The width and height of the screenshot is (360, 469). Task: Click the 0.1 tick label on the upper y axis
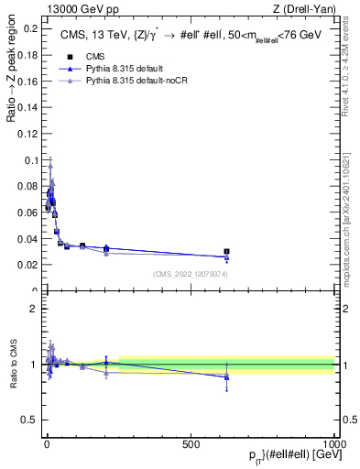coord(29,160)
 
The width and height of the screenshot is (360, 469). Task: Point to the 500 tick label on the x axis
coord(191,443)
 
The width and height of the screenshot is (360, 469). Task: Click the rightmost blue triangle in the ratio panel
coord(226,376)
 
